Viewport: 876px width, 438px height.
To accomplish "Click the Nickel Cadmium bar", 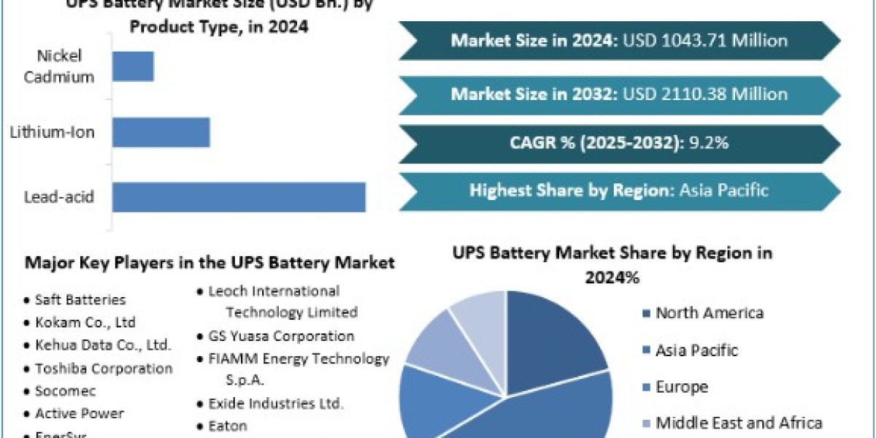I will pyautogui.click(x=133, y=66).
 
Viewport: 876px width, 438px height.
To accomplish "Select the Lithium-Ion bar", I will pyautogui.click(x=161, y=132).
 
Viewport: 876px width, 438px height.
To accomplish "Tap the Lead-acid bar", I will pyautogui.click(x=238, y=197).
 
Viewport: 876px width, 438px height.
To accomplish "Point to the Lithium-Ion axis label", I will pyautogui.click(x=52, y=132).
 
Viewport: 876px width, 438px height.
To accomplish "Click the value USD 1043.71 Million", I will pyautogui.click(x=705, y=40).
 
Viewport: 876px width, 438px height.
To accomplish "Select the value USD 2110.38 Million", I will pyautogui.click(x=705, y=94).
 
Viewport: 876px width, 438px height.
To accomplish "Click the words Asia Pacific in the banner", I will pyautogui.click(x=723, y=191).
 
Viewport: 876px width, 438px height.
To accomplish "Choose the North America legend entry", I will pyautogui.click(x=710, y=313).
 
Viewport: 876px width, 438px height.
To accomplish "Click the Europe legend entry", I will pyautogui.click(x=682, y=386).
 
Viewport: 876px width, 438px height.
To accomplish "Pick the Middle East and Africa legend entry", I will pyautogui.click(x=739, y=423).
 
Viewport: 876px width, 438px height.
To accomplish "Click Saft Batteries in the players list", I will pyautogui.click(x=80, y=299).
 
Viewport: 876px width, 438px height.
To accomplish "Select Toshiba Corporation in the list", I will pyautogui.click(x=104, y=369).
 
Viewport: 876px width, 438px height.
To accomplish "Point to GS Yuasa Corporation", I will pyautogui.click(x=281, y=336).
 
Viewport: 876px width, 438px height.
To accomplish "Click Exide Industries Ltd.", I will pyautogui.click(x=276, y=403).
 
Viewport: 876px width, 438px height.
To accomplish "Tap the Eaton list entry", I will pyautogui.click(x=228, y=426).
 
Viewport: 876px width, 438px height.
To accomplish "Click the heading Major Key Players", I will pyautogui.click(x=210, y=262).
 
